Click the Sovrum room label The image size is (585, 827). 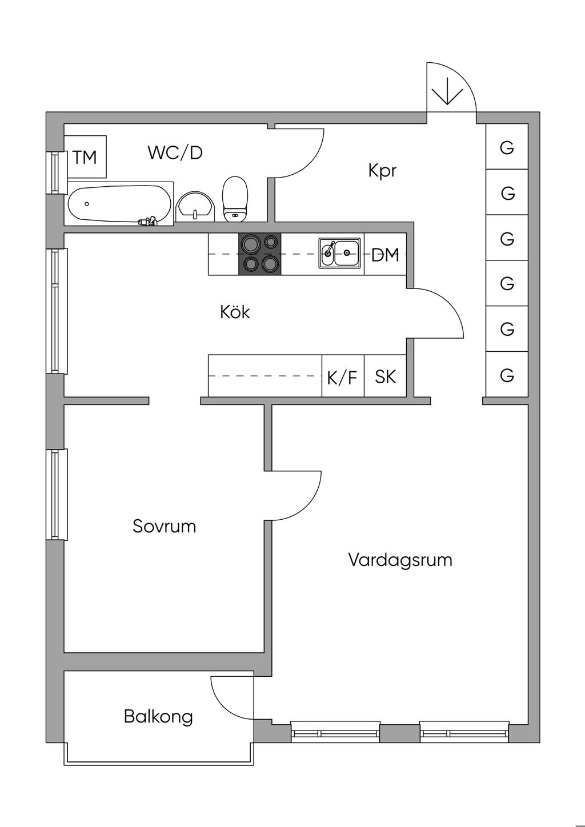(164, 526)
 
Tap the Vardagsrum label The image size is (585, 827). (400, 560)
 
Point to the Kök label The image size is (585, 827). (235, 312)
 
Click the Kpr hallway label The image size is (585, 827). (382, 171)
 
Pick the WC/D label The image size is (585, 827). (175, 152)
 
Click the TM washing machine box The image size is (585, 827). (85, 156)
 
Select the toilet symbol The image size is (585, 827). (235, 199)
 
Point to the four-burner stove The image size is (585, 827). (259, 254)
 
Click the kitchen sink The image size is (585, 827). (339, 253)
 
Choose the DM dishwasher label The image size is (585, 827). (385, 255)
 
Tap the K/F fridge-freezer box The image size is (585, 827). (343, 376)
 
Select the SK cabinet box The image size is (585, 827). (386, 376)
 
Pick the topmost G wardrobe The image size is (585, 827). (507, 147)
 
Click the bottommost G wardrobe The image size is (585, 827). (507, 374)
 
